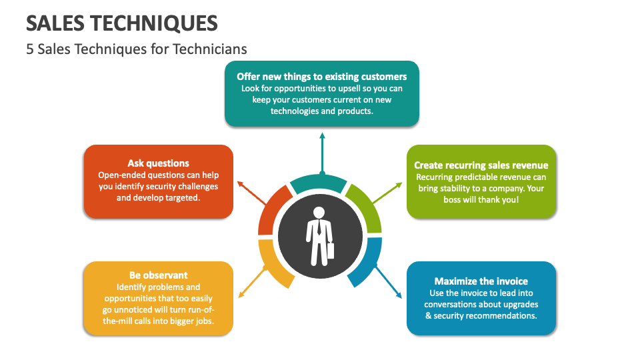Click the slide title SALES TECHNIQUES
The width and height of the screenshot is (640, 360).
click(121, 24)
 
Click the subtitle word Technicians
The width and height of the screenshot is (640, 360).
click(209, 49)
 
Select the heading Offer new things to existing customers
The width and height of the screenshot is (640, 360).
click(321, 77)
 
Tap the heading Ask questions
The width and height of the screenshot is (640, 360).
click(159, 163)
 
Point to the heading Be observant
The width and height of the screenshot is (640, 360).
click(159, 275)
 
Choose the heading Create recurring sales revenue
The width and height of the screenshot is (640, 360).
click(481, 165)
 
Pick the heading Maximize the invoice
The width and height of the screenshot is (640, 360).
click(481, 281)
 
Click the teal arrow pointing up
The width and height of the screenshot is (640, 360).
click(323, 153)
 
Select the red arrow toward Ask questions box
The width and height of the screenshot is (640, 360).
click(252, 193)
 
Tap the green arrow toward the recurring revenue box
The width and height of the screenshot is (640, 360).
click(387, 193)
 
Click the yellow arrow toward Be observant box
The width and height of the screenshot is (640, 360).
click(253, 282)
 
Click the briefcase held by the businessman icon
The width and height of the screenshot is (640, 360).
click(330, 251)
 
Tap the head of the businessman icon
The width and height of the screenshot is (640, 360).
click(319, 213)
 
